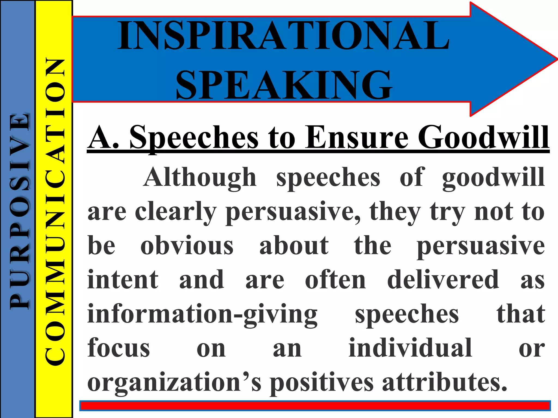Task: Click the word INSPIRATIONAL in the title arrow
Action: pyautogui.click(x=283, y=35)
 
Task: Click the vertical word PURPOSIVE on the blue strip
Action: pyautogui.click(x=19, y=211)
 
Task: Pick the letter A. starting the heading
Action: pyautogui.click(x=104, y=137)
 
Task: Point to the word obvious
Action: pyautogui.click(x=187, y=246)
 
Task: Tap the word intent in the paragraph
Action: pyautogui.click(x=123, y=280)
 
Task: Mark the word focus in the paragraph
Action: pyautogui.click(x=119, y=348)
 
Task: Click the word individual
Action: pyautogui.click(x=410, y=348)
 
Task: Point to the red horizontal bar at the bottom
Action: pyautogui.click(x=315, y=406)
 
